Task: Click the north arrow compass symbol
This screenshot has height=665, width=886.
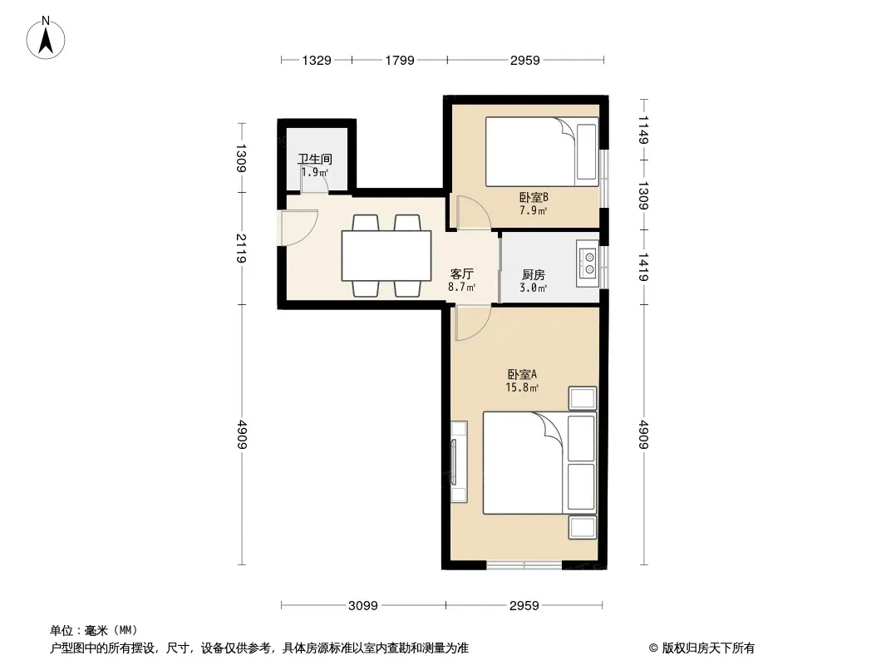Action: (x=46, y=38)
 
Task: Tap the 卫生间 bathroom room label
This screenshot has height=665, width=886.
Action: (x=315, y=160)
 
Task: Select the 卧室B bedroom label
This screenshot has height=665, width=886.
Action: (x=534, y=197)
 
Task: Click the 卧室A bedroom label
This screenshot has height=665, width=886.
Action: (x=521, y=374)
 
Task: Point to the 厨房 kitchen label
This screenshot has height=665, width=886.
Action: (x=534, y=274)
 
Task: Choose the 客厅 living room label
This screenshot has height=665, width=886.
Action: (x=461, y=274)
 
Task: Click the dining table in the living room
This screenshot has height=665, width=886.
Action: (x=386, y=255)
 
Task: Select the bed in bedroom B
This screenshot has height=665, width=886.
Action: (x=542, y=151)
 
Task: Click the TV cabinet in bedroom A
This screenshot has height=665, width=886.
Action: (x=459, y=461)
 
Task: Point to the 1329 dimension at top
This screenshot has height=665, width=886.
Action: (x=317, y=60)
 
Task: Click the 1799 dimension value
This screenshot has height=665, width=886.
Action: (x=400, y=60)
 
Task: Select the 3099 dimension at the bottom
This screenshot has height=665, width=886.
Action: (x=362, y=606)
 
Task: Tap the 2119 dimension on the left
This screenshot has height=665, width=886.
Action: (x=241, y=249)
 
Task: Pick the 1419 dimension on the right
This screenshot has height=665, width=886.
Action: (x=643, y=267)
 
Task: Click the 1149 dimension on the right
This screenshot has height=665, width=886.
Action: (x=643, y=130)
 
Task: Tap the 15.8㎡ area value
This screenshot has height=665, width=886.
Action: (x=521, y=387)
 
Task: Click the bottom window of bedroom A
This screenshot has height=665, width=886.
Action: (x=524, y=564)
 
